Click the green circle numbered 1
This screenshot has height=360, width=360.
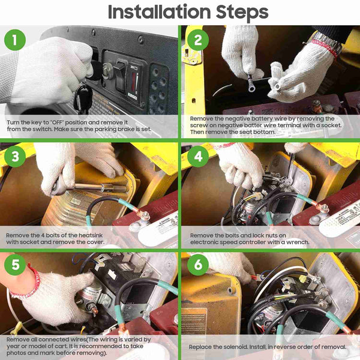pos(15,40)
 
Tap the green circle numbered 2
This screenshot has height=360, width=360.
pos(198,40)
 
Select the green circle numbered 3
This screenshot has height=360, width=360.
pos(15,157)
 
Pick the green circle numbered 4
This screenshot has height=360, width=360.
pos(198,157)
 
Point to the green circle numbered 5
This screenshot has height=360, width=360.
pos(15,265)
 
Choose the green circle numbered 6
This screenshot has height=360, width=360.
pos(198,265)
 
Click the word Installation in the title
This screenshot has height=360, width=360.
pos(160,12)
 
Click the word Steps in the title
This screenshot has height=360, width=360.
pos(242,13)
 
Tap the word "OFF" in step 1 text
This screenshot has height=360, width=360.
pos(57,122)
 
